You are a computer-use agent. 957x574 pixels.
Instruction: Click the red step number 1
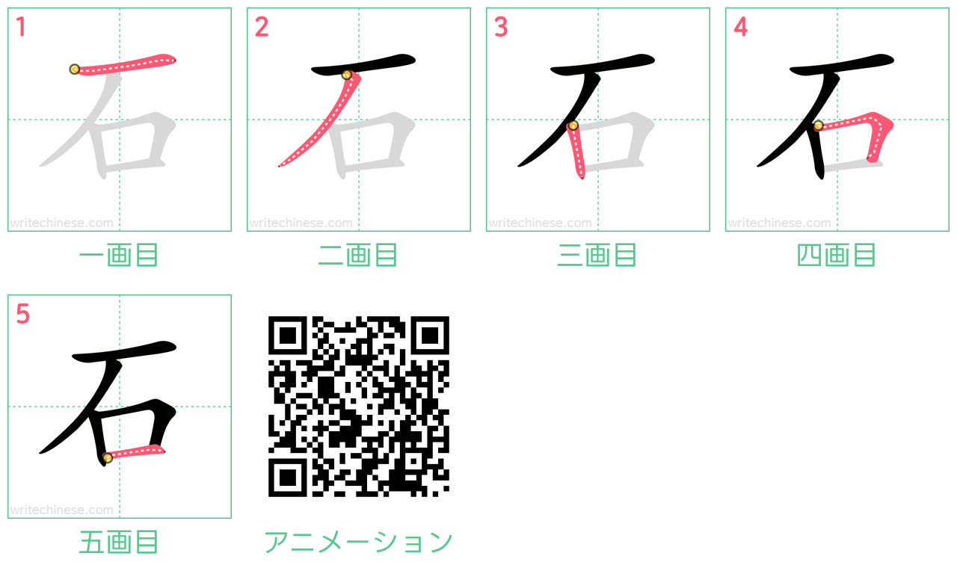point(21,28)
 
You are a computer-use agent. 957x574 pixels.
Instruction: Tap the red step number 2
point(261,28)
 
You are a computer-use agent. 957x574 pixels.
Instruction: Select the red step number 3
point(500,28)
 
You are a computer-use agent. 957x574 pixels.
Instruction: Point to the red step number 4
point(740,28)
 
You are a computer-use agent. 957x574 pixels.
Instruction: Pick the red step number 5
point(22,315)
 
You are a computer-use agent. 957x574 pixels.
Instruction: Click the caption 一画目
point(119,256)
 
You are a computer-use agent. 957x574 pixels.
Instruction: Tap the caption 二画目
point(358,256)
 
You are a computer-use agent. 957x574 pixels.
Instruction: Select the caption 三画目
point(597,256)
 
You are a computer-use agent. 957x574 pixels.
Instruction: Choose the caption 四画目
point(837,256)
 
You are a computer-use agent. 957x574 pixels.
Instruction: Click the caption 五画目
point(119,543)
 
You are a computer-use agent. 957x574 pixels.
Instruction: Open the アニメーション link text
point(358,543)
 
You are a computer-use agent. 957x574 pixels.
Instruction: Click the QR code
point(358,407)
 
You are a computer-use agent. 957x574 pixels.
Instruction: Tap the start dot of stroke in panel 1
point(74,70)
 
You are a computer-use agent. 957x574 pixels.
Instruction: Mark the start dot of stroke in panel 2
point(346,75)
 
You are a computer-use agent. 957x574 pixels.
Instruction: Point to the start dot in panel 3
point(573,126)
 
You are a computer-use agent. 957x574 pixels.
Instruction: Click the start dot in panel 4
point(819,126)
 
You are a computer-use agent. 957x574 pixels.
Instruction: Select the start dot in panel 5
point(108,457)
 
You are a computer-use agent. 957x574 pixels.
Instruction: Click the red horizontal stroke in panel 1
point(127,64)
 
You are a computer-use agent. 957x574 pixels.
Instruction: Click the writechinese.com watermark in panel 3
point(540,223)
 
